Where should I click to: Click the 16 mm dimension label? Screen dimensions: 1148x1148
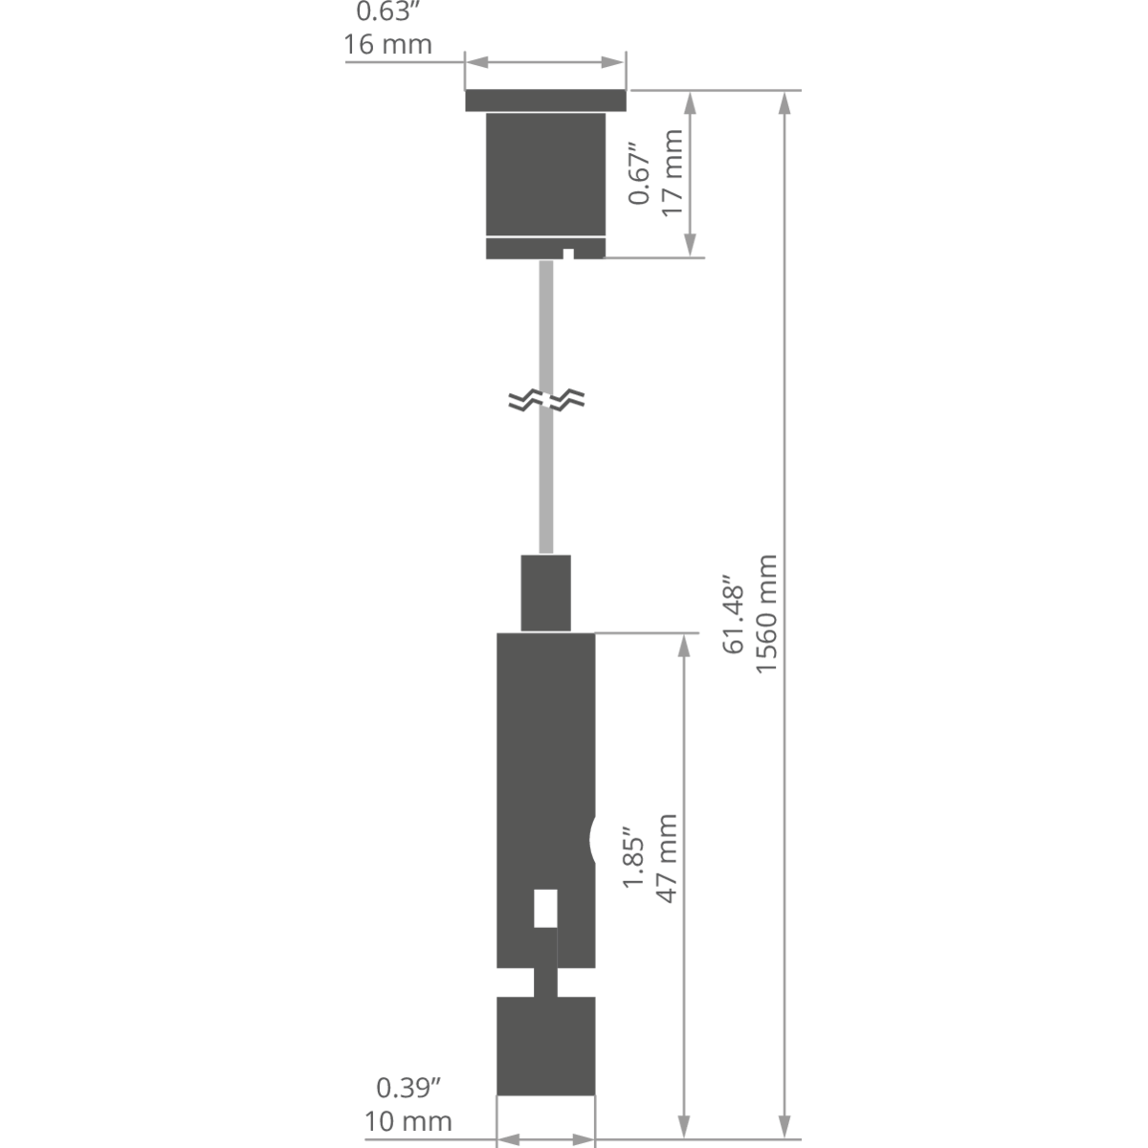pos(387,45)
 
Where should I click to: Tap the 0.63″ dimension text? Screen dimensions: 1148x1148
pos(384,11)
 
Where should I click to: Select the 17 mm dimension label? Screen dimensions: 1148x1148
pos(672,173)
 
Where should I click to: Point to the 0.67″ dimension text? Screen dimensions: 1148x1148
pos(640,173)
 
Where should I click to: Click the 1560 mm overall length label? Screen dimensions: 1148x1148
pos(766,614)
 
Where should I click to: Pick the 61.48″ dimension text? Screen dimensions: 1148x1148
pos(734,614)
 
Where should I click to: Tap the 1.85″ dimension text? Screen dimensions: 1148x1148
pos(634,858)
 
